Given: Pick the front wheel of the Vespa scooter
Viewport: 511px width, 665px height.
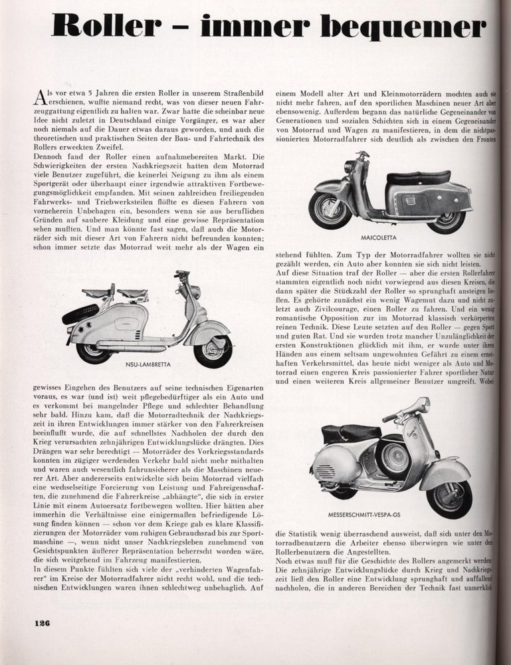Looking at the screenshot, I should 449,494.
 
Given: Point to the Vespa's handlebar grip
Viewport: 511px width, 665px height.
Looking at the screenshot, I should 391,417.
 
